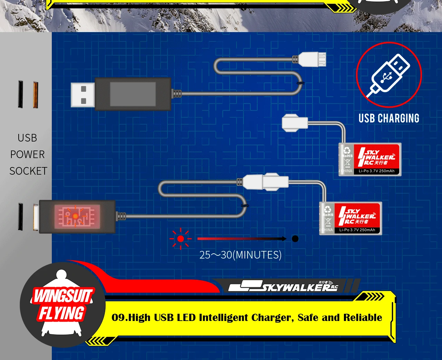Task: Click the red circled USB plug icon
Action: (389, 75)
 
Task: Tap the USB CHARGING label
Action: (389, 118)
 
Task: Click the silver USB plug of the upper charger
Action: (83, 95)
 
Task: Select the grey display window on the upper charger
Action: (133, 94)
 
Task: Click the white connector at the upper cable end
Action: (312, 59)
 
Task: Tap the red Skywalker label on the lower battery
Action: (357, 215)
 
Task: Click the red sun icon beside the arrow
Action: (180, 239)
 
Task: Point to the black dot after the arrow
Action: (295, 239)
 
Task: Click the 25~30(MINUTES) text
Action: (240, 255)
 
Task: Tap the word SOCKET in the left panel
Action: (28, 171)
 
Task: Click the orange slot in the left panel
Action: (35, 95)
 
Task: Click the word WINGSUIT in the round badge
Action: (63, 296)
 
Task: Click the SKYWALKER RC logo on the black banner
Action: (283, 286)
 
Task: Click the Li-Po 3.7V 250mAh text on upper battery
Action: (376, 171)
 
